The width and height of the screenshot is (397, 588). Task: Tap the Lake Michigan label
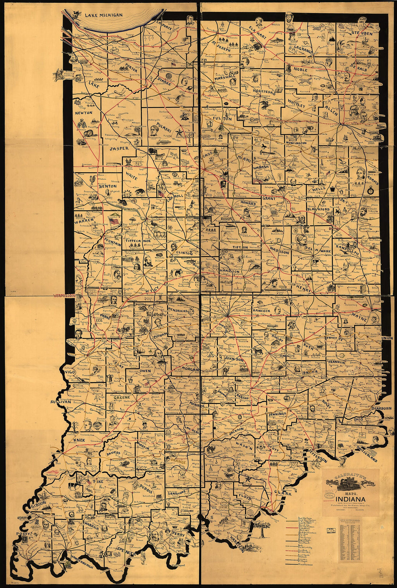click(x=104, y=15)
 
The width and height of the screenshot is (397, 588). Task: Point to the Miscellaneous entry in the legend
click(x=306, y=564)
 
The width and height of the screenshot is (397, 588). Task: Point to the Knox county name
click(x=79, y=441)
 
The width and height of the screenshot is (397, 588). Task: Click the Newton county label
click(x=84, y=113)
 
